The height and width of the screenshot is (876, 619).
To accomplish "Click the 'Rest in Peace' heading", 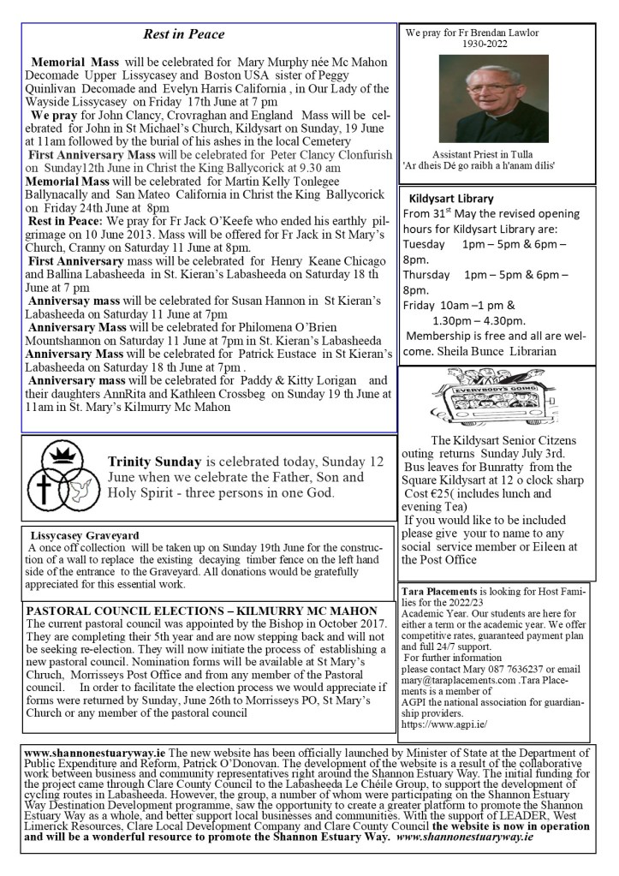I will [183, 34].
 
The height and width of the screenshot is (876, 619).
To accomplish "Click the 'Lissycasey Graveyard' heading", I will [84, 535].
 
